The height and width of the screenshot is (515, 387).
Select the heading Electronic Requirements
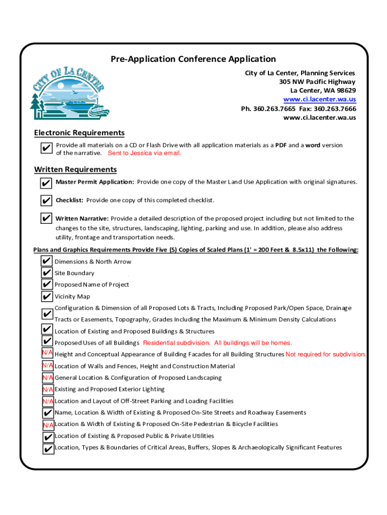pos(79,133)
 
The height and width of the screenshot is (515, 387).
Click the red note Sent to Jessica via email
pos(145,153)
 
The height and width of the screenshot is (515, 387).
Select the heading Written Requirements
pos(75,169)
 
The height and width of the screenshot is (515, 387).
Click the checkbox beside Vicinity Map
pos(47,297)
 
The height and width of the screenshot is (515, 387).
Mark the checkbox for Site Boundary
pos(47,273)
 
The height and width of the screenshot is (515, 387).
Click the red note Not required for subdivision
pos(326,355)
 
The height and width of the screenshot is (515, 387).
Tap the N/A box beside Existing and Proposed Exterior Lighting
pos(48,389)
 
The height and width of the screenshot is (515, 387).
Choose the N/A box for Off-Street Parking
pos(48,401)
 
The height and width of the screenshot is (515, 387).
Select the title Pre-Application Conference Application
pos(193,59)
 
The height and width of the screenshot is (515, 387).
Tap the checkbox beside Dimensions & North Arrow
pos(47,262)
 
